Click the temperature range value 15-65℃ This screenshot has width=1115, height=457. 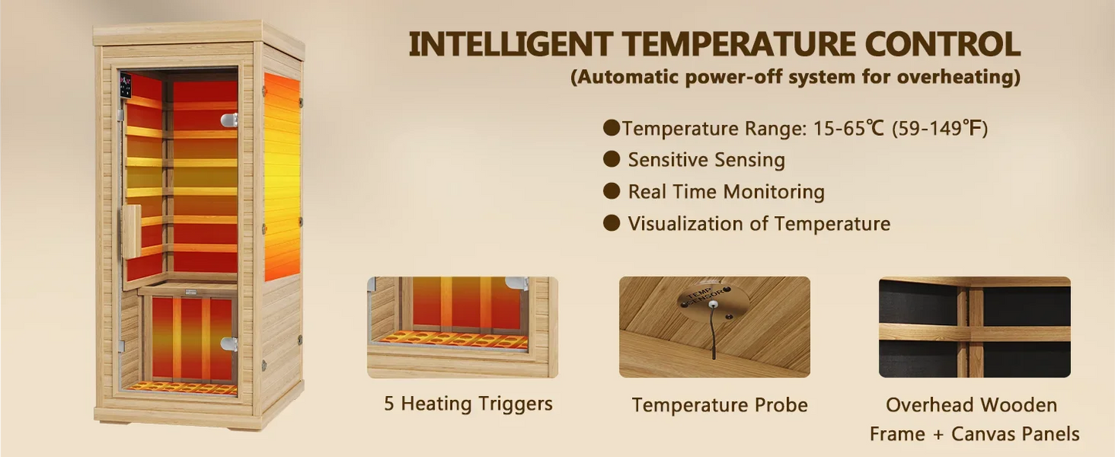coord(848,128)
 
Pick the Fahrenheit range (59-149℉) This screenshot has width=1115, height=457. coord(940,128)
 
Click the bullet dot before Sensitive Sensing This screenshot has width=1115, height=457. coord(612,159)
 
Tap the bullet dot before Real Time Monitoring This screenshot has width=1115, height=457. coord(612,191)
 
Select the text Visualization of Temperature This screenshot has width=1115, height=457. coord(759,224)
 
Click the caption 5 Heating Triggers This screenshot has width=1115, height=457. coord(468,404)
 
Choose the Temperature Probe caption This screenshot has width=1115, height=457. coord(719,405)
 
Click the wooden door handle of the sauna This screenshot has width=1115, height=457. coord(133,231)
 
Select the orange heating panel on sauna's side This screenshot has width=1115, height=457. coord(282,178)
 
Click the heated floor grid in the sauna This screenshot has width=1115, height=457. coord(183,388)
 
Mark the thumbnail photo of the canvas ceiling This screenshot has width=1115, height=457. coord(975,327)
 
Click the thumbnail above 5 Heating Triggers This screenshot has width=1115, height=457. coord(462,327)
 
